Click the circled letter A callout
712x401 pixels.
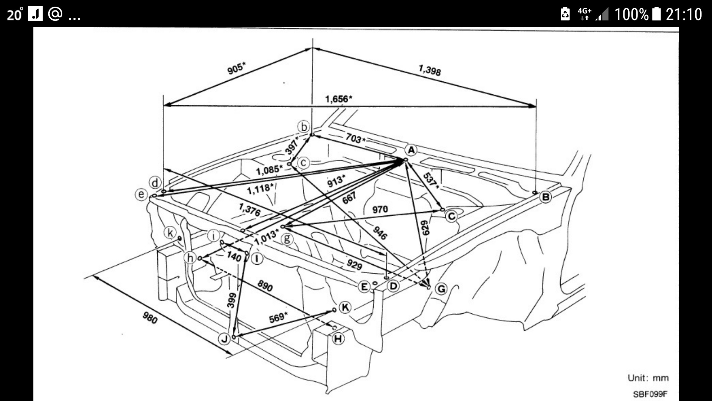point(411,150)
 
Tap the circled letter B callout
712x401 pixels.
point(545,197)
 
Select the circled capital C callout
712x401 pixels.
point(451,216)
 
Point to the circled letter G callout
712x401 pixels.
point(441,288)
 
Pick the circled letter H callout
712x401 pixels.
point(338,339)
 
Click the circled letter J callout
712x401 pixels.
point(224,339)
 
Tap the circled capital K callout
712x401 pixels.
point(345,307)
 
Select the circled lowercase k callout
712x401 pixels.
point(170,233)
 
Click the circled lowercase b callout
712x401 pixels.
point(304,127)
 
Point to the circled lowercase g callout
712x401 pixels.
point(287,239)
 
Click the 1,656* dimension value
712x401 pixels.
point(339,99)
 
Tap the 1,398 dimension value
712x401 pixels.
point(430,70)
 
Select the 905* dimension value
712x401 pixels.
point(236,68)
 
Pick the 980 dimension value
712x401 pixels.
point(150,317)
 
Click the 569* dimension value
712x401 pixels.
point(278,317)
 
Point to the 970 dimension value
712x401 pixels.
point(380,209)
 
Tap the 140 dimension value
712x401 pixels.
point(234,256)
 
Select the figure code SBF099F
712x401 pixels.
point(650,394)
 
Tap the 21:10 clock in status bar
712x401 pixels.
point(684,14)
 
